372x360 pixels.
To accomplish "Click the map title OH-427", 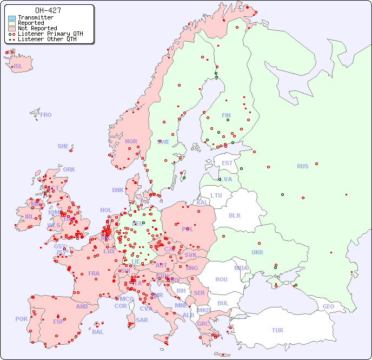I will [x=48, y=10].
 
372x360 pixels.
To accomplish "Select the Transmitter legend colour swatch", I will [x=12, y=18].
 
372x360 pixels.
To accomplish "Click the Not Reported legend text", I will [x=37, y=28].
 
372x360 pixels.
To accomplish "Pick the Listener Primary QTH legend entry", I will [x=46, y=34].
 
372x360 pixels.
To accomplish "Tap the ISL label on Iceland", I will [x=18, y=67].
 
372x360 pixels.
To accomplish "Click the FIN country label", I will [x=226, y=115].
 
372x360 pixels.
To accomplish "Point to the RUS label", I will [x=302, y=166].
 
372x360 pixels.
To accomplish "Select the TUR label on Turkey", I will [x=277, y=330].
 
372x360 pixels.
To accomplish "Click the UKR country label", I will [x=257, y=252].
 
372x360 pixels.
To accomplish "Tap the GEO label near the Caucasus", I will [x=328, y=306].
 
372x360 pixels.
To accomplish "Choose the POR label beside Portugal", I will [x=21, y=319].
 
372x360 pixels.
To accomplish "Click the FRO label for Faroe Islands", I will [x=46, y=115].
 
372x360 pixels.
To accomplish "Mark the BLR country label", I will [x=234, y=215].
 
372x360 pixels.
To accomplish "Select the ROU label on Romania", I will [x=221, y=279].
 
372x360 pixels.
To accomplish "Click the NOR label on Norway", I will [x=131, y=141].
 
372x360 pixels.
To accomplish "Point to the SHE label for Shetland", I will [x=63, y=146].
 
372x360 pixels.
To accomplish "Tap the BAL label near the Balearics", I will [x=97, y=332].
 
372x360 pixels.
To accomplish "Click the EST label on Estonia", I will [x=227, y=163].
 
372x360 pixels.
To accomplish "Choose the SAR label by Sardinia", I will [x=142, y=320].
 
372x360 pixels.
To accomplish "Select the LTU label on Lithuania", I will [x=216, y=195].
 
